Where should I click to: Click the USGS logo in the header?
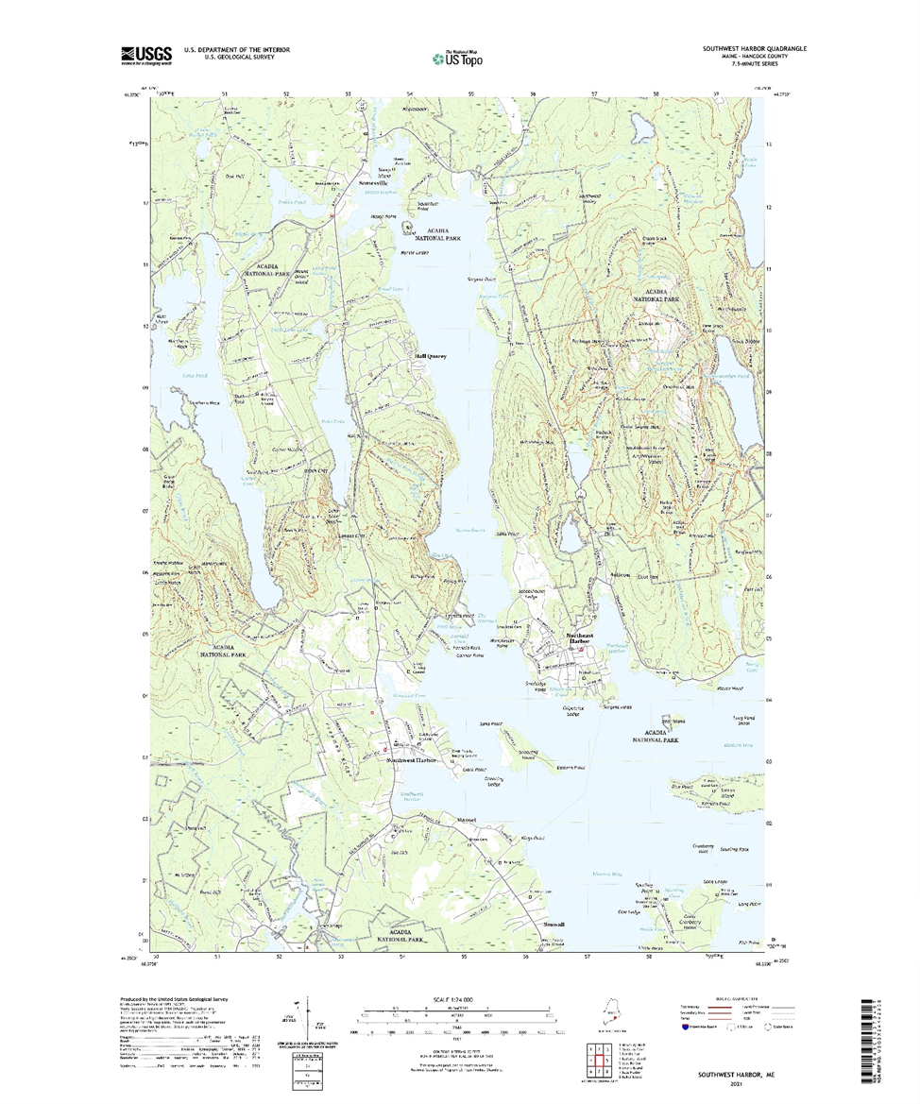point(146,55)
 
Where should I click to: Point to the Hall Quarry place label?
point(430,356)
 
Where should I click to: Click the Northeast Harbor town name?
point(580,639)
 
